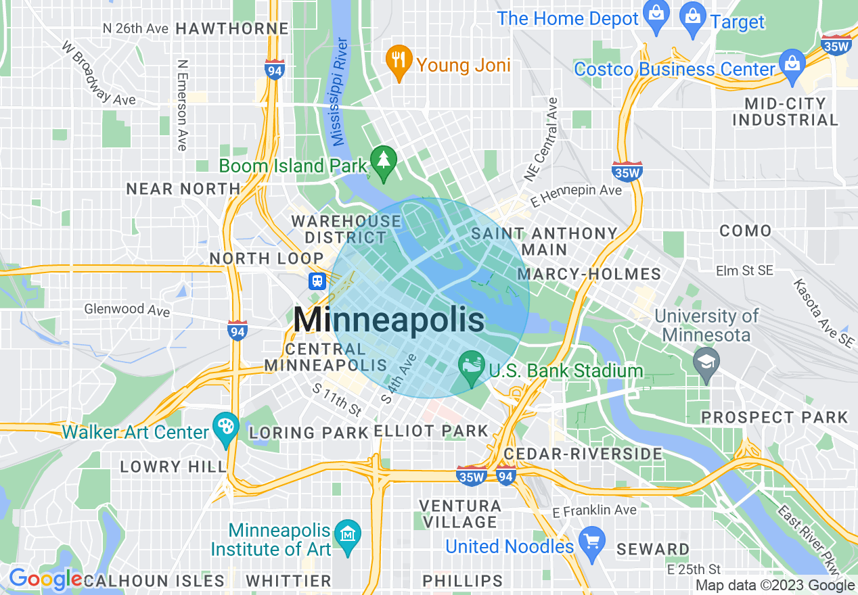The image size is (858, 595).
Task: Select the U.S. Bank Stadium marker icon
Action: [471, 366]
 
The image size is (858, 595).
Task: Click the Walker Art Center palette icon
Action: [225, 427]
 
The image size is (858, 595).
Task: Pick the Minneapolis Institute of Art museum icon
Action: [348, 535]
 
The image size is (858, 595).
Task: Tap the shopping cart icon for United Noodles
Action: [591, 542]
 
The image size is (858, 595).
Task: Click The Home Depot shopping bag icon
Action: [656, 13]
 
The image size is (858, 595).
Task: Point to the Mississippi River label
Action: [340, 92]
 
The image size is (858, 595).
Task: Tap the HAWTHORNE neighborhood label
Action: [232, 28]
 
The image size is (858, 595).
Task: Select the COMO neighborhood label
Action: [745, 231]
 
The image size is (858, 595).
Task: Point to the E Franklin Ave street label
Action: [595, 510]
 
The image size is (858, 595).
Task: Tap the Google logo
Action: [45, 579]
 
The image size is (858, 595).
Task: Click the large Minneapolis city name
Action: [389, 319]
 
